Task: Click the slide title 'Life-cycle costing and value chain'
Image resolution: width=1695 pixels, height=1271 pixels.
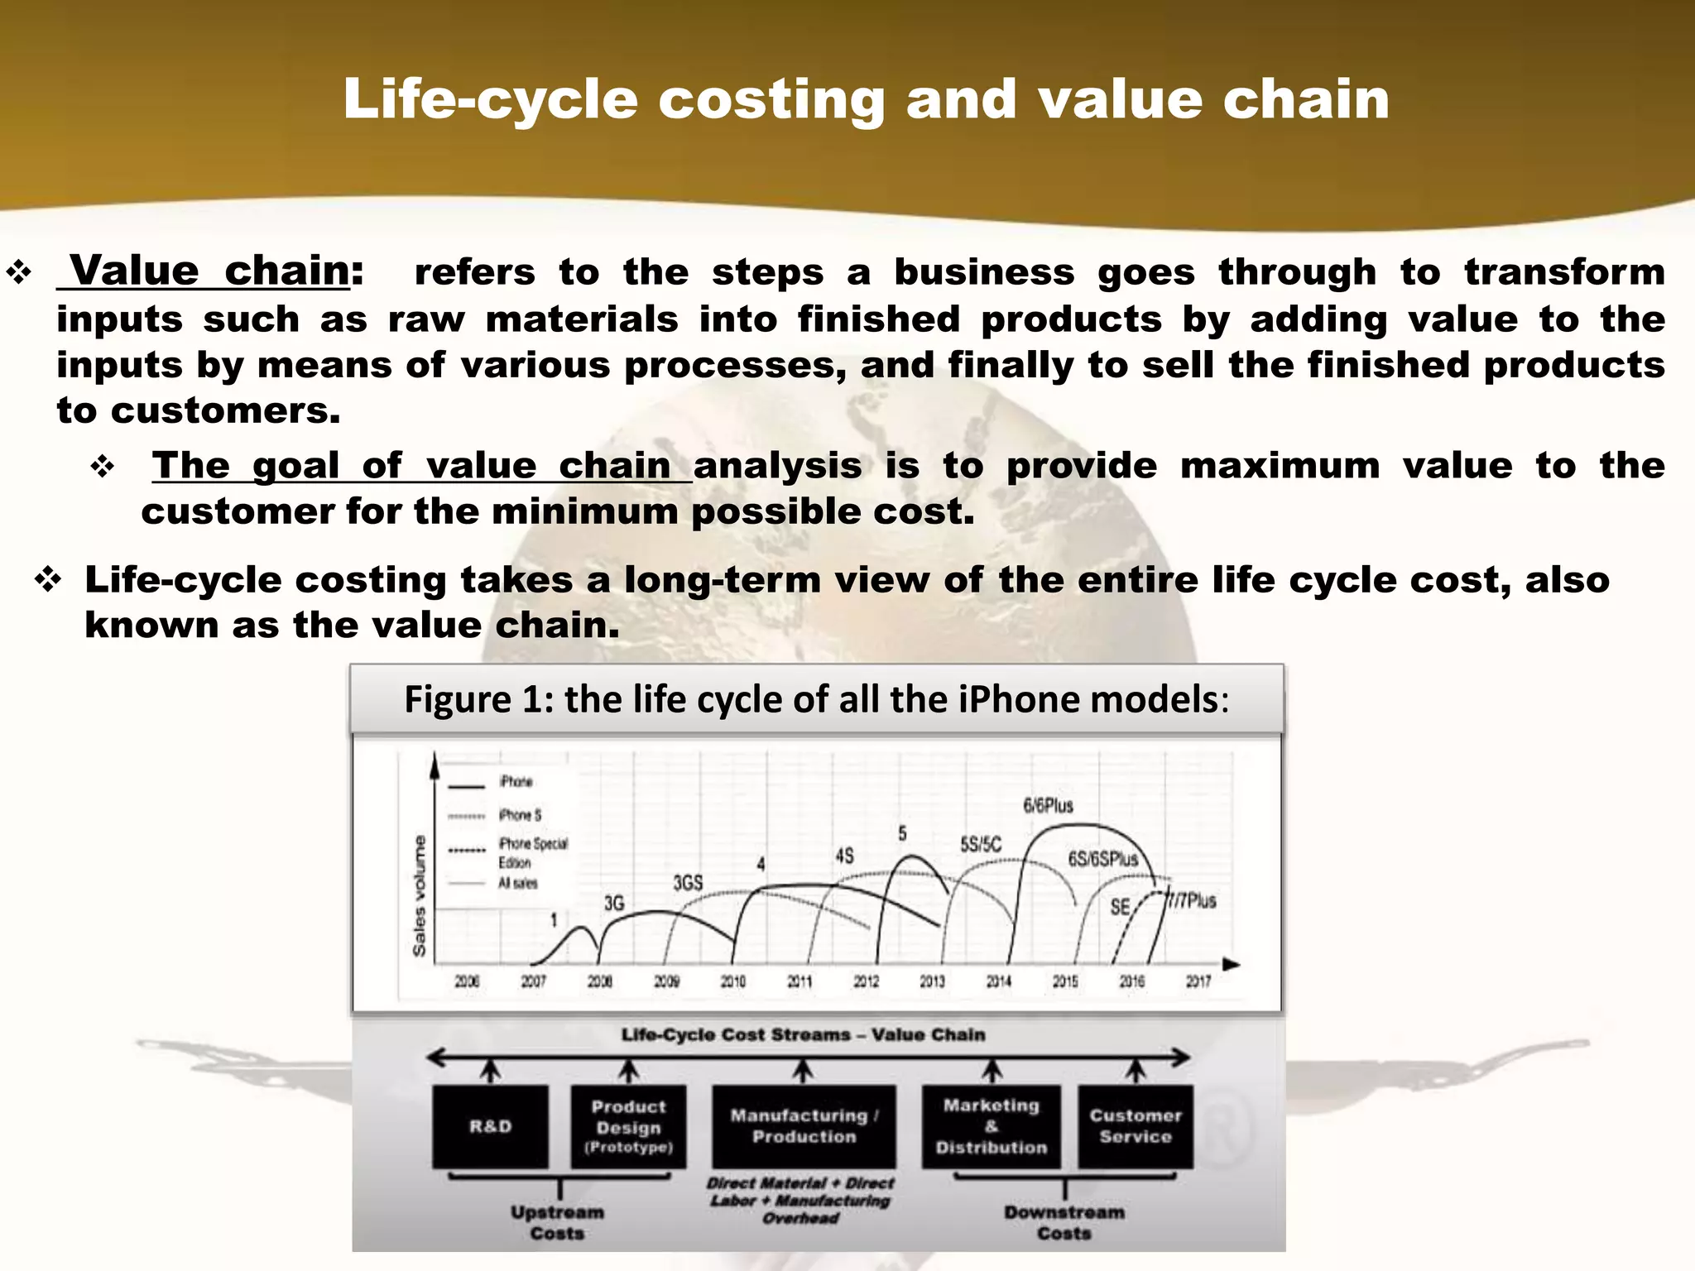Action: pyautogui.click(x=866, y=99)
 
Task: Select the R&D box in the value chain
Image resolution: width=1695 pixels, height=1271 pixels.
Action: pyautogui.click(x=490, y=1126)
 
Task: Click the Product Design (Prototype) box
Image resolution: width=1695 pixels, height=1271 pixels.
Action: pyautogui.click(x=628, y=1126)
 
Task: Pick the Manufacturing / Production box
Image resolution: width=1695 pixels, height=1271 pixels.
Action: pyautogui.click(x=803, y=1126)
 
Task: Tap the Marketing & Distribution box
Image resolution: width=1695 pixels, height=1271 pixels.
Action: pyautogui.click(x=991, y=1126)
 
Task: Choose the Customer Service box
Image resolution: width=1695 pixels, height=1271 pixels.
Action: pyautogui.click(x=1136, y=1126)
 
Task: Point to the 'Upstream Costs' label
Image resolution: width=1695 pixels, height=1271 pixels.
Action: pyautogui.click(x=557, y=1222)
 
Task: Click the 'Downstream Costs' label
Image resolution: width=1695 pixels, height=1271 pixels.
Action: pyautogui.click(x=1064, y=1222)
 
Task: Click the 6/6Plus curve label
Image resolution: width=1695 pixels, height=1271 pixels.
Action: pyautogui.click(x=1048, y=805)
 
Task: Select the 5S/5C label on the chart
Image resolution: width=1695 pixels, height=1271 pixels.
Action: pyautogui.click(x=980, y=845)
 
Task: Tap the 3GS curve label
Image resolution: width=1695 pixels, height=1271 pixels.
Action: pyautogui.click(x=687, y=883)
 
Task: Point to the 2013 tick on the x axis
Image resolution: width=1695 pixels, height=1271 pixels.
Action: pyautogui.click(x=932, y=981)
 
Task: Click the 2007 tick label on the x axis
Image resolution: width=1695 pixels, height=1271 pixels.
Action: pyautogui.click(x=533, y=981)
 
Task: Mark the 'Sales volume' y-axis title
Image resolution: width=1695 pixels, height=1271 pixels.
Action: pyautogui.click(x=420, y=895)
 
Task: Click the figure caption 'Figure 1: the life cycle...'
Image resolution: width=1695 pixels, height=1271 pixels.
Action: pyautogui.click(x=816, y=699)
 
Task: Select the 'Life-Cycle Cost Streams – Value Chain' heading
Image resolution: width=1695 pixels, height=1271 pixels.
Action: pyautogui.click(x=803, y=1034)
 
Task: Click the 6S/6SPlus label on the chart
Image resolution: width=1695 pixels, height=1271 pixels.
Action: pyautogui.click(x=1102, y=859)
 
